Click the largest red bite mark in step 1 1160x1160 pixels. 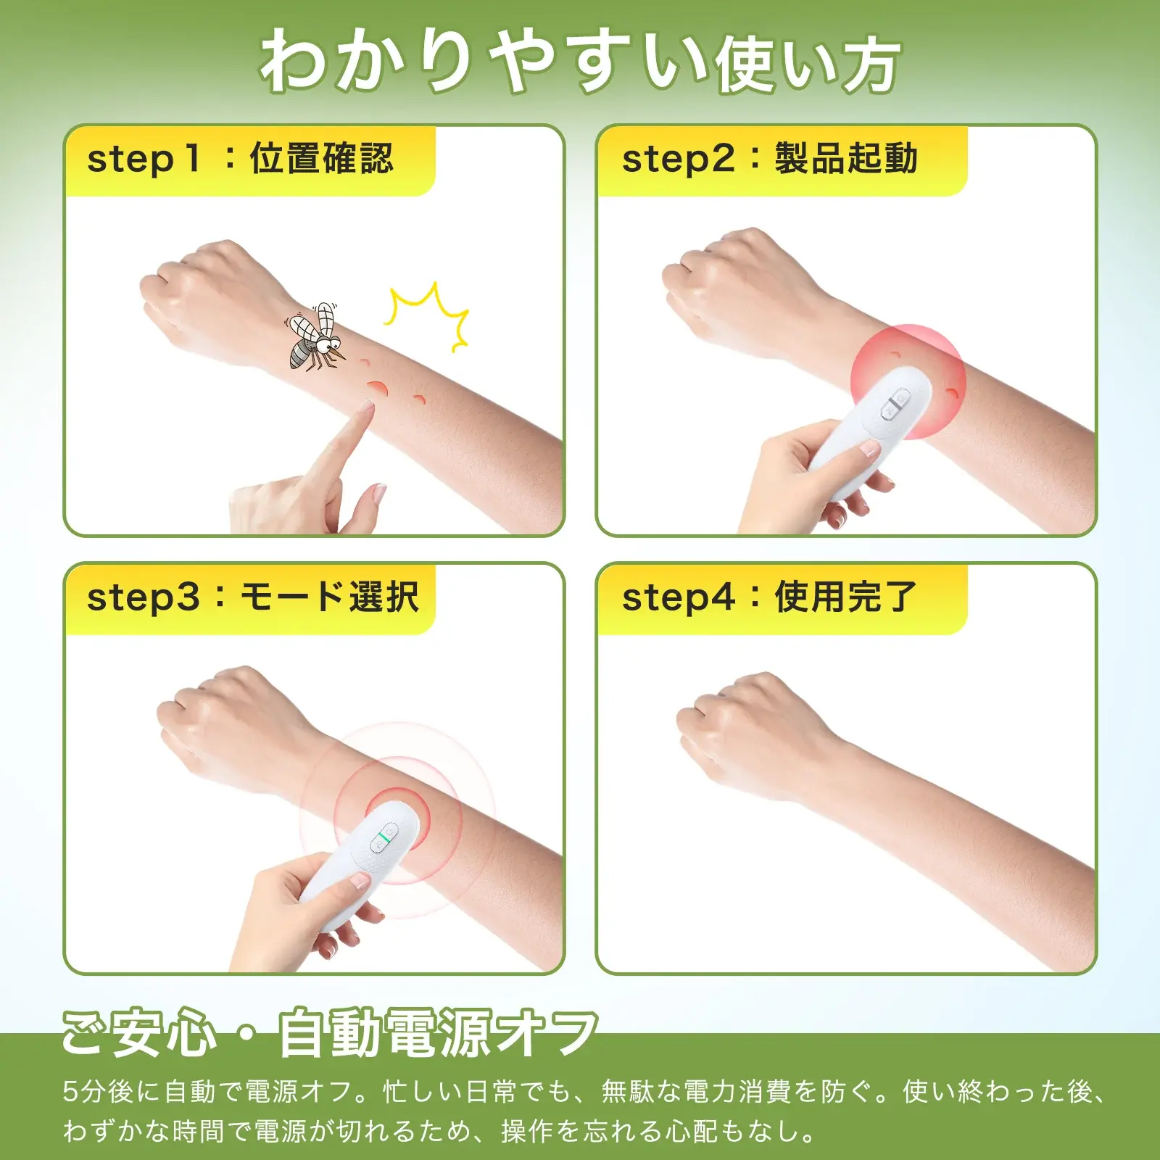point(378,389)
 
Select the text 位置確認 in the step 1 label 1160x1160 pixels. point(321,159)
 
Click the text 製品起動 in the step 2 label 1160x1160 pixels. point(846,159)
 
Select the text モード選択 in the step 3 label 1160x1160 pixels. point(329,597)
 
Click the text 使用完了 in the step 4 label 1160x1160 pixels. point(846,597)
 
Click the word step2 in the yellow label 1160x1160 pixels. point(679,159)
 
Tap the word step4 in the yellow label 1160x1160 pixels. point(679,598)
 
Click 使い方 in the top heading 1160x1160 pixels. point(808,65)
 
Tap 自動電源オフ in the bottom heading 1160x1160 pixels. point(438,1032)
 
